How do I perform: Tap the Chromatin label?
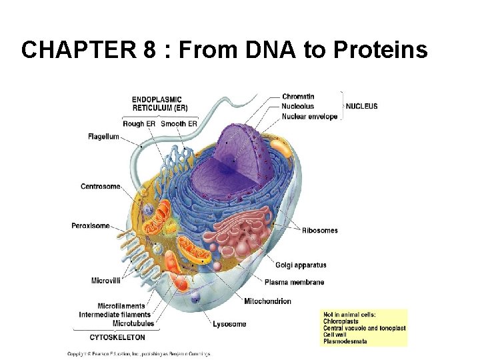(x=298, y=97)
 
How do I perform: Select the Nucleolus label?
(x=298, y=107)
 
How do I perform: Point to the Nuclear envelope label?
(x=309, y=117)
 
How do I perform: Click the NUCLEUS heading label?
(x=361, y=106)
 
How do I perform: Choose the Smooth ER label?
(x=179, y=124)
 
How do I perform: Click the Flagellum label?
(x=103, y=137)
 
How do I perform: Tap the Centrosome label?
(x=101, y=187)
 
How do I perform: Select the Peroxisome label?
(x=91, y=226)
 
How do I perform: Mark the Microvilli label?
(x=106, y=281)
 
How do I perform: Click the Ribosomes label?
(x=319, y=231)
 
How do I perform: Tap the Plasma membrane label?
(x=294, y=282)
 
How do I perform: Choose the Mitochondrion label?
(x=267, y=301)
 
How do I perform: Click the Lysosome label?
(x=229, y=324)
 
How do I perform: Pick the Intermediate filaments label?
(x=115, y=315)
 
